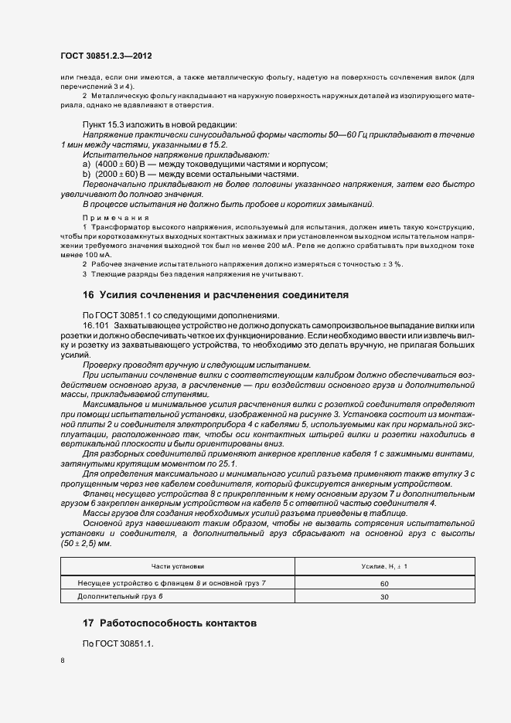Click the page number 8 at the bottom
pyautogui.click(x=62, y=660)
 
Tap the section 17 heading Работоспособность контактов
pyautogui.click(x=170, y=623)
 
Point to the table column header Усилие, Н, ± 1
pyautogui.click(x=384, y=567)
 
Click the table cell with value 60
pyautogui.click(x=384, y=584)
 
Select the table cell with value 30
pyautogui.click(x=384, y=597)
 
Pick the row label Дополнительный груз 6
pyautogui.click(x=121, y=597)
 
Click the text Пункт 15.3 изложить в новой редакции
pyautogui.click(x=159, y=124)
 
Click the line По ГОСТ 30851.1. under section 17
pyautogui.click(x=118, y=644)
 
